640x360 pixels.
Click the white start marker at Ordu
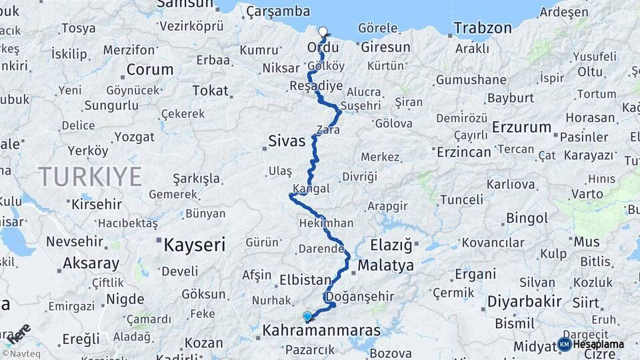pos(323,31)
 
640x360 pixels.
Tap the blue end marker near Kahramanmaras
pos(307,317)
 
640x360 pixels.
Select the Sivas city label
pos(287,141)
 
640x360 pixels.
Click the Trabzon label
pos(483,28)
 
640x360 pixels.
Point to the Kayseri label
pos(195,245)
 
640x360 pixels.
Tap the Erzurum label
pos(522,127)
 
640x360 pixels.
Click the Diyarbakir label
pos(524,301)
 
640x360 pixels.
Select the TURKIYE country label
pos(90,177)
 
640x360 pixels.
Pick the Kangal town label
pos(311,189)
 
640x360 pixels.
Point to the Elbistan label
pos(306,280)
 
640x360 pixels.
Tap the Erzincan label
pos(464,151)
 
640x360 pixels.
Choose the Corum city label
pos(149,69)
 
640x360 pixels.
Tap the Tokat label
pos(210,91)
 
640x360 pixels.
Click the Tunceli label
pos(461,199)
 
